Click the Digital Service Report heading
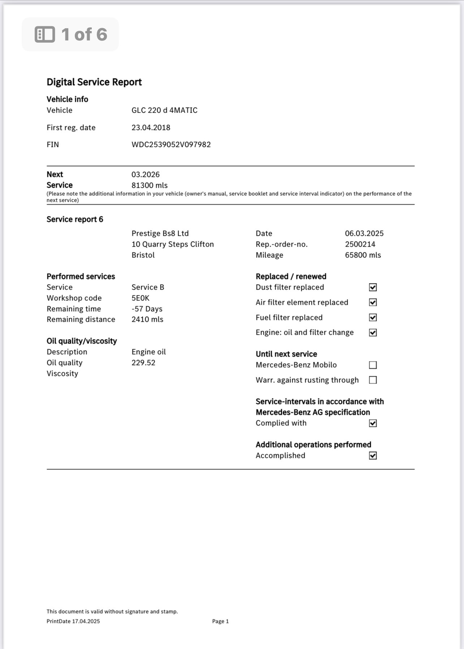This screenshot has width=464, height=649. coord(94,82)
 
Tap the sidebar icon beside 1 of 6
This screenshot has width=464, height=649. coord(45,34)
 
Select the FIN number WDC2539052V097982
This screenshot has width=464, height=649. coord(171,144)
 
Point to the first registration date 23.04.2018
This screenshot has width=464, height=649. coord(151,127)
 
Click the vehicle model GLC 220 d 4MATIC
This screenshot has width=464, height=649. coord(164,110)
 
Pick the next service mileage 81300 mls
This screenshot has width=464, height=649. coord(150,185)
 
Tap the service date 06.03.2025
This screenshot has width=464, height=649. coord(364,233)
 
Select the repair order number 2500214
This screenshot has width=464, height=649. coord(360,244)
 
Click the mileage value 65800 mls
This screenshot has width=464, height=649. coord(363,255)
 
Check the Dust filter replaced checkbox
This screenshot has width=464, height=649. coord(373,287)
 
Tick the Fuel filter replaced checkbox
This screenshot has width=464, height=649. coord(373,317)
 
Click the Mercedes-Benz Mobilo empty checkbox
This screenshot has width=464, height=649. coord(373,365)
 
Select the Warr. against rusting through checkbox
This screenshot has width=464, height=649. coord(373,380)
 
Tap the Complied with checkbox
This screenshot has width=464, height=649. coord(373,423)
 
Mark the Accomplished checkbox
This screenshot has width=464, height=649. coord(373,456)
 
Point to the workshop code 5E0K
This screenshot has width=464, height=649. coord(141,298)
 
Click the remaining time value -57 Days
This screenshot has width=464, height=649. coord(147,309)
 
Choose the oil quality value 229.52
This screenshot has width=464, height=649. coord(143,363)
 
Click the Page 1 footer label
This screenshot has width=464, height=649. coord(220,621)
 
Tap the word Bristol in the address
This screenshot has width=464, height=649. coord(143,255)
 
